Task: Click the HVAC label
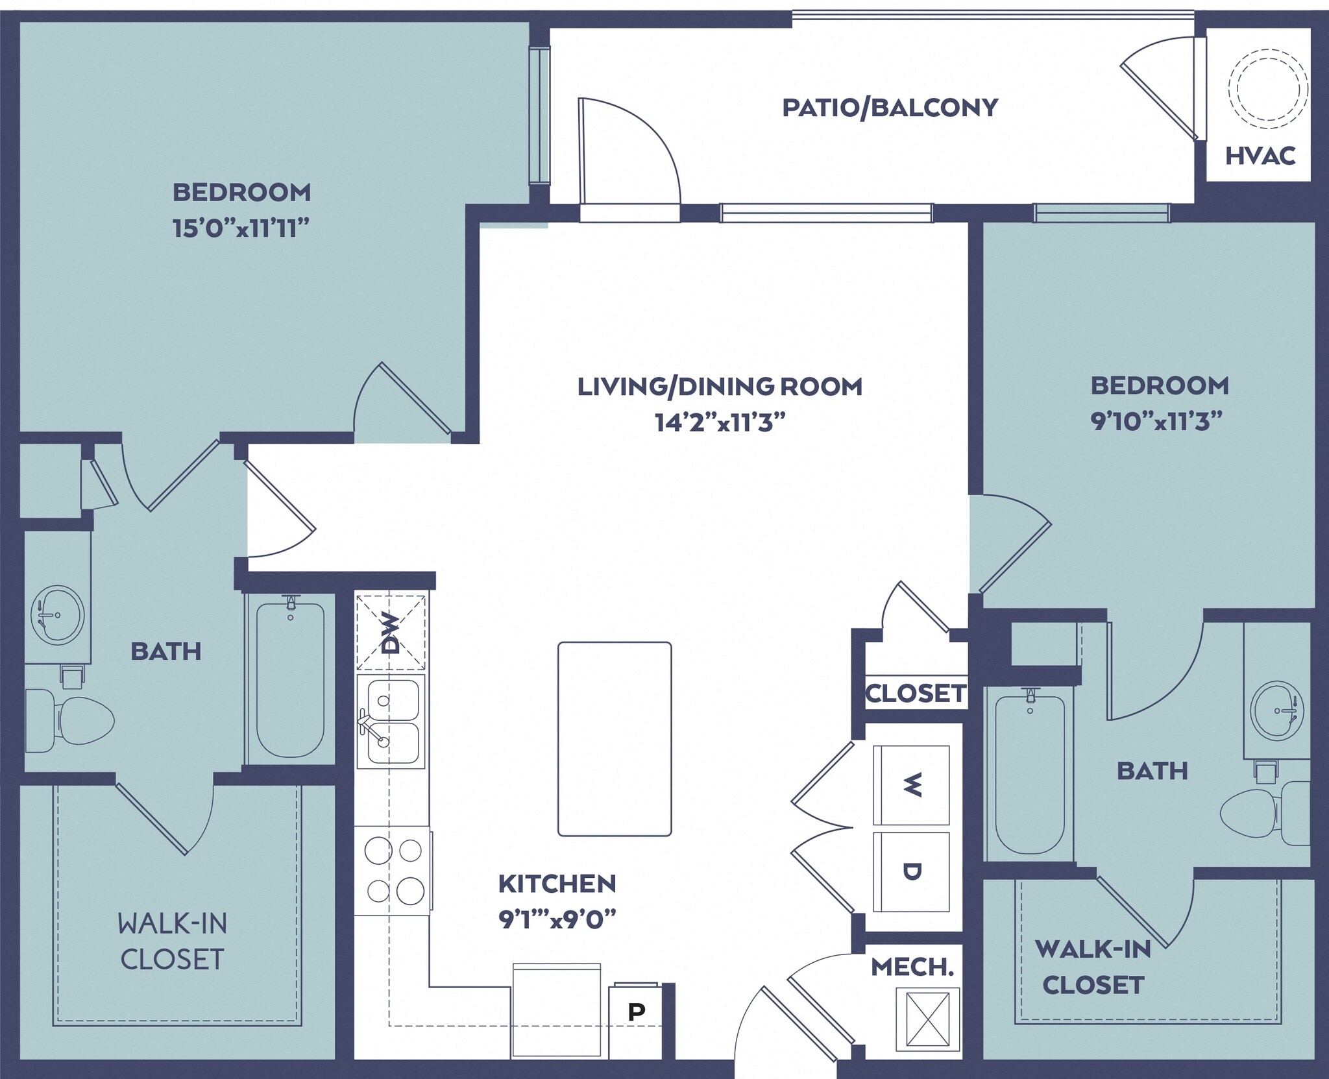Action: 1260,156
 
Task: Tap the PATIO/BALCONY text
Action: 890,108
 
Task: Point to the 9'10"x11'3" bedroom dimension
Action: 1157,422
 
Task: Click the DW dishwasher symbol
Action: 391,633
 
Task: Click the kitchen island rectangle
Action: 615,738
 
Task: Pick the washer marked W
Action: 911,785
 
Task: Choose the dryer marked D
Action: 911,871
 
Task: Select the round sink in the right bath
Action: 1276,710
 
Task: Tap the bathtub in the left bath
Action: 290,679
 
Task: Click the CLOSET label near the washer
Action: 916,694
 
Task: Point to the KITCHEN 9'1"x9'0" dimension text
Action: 557,919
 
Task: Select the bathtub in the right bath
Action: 1029,774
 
